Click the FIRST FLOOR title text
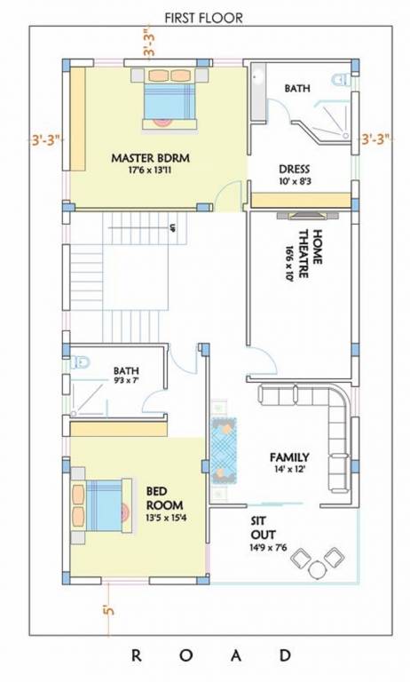[x=204, y=16]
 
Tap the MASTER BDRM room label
[x=152, y=158]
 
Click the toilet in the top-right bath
[x=340, y=81]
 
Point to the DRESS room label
[x=294, y=170]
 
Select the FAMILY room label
[x=289, y=457]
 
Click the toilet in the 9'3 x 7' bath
[x=82, y=363]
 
